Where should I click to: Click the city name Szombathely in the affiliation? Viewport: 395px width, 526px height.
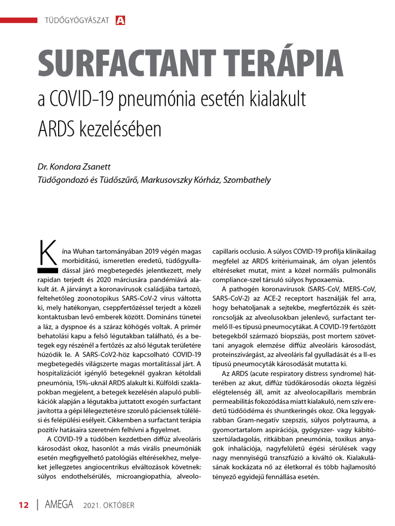click(x=247, y=180)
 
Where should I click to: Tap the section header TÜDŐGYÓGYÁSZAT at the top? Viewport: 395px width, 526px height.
click(x=78, y=21)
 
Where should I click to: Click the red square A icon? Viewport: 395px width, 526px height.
click(x=121, y=21)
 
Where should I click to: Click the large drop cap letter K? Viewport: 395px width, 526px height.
click(x=47, y=251)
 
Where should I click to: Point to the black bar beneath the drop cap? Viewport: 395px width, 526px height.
click(x=47, y=269)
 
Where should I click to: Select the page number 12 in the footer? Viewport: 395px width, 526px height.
click(x=24, y=505)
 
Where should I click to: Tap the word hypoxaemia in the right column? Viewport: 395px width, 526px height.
click(x=324, y=280)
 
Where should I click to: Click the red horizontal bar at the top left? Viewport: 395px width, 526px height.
click(x=19, y=20)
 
